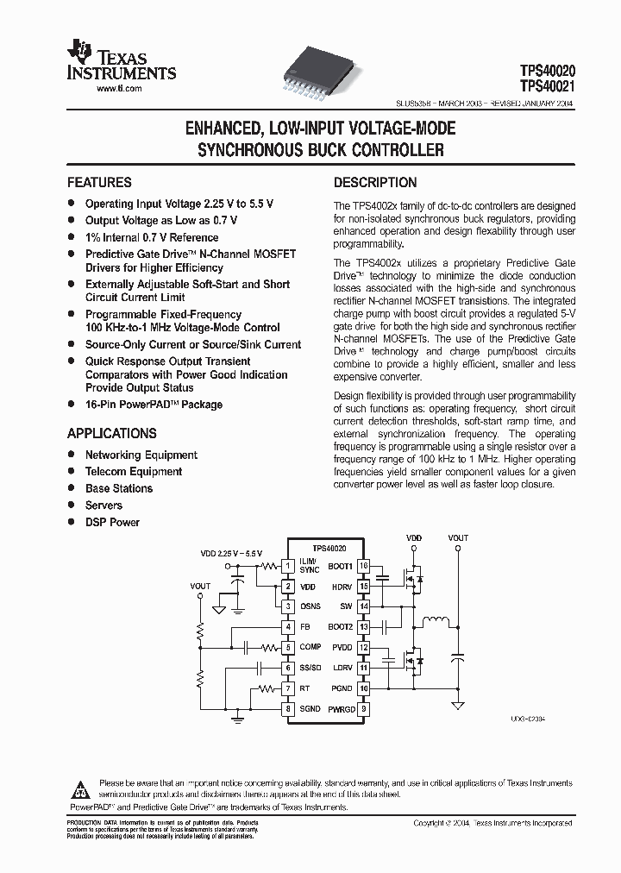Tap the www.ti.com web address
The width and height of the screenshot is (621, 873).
point(119,89)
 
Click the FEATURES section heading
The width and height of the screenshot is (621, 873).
point(100,183)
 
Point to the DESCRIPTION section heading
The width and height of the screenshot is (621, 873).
point(375,183)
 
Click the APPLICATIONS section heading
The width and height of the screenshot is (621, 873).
point(112,434)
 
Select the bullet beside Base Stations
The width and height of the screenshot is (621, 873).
point(72,488)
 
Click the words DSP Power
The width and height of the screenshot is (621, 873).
point(112,522)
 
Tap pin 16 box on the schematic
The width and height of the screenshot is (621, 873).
point(364,566)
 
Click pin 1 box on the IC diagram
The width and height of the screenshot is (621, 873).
point(288,566)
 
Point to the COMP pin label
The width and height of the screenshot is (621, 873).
point(310,647)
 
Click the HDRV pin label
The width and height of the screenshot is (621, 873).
point(341,587)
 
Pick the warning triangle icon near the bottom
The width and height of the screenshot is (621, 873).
point(80,788)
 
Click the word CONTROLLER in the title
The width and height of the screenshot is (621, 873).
point(400,150)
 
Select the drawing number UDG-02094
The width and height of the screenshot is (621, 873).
point(529,719)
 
